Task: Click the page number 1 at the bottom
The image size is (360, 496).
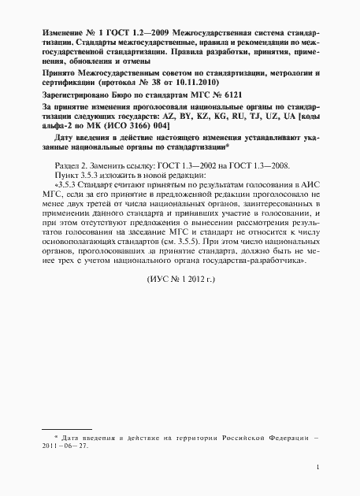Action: (x=315, y=467)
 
